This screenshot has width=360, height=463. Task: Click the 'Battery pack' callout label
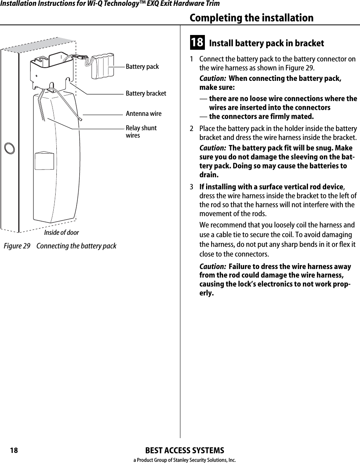(142, 67)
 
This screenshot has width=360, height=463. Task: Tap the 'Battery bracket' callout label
(145, 94)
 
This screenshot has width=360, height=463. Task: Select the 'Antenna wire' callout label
(143, 114)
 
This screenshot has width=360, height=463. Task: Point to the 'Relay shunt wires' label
(141, 132)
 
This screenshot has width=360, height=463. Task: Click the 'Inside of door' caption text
(61, 232)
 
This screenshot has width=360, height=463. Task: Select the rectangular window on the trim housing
(44, 161)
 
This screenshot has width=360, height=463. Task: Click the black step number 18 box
(197, 42)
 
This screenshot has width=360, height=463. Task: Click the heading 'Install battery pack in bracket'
(266, 43)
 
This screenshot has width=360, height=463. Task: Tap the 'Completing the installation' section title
(251, 18)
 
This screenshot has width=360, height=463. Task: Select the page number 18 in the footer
(14, 451)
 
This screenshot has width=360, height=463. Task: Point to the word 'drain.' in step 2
(208, 175)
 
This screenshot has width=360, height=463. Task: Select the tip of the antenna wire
(80, 119)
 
